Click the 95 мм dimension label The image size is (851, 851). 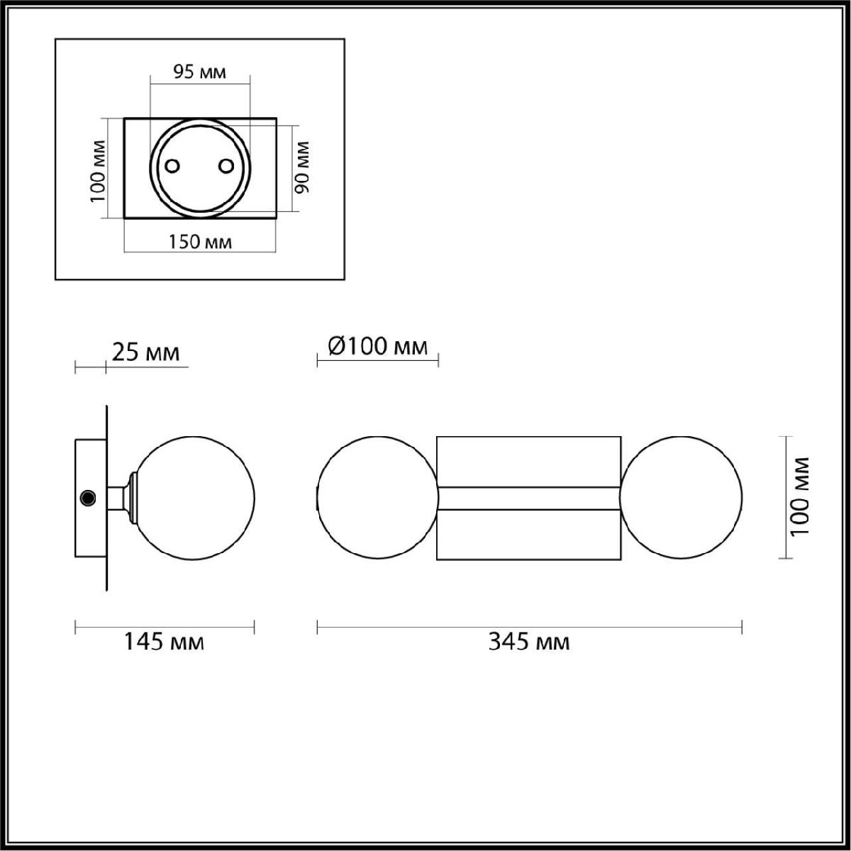(199, 72)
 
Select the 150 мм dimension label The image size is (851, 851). (200, 242)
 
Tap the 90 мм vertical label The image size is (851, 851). (303, 167)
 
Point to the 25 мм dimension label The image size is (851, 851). (146, 352)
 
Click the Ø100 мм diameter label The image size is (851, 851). (378, 346)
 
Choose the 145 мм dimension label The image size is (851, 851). (165, 641)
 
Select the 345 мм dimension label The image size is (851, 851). (529, 641)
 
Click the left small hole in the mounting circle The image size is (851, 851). (172, 166)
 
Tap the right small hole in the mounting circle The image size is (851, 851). (226, 166)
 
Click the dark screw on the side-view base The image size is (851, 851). (89, 498)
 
